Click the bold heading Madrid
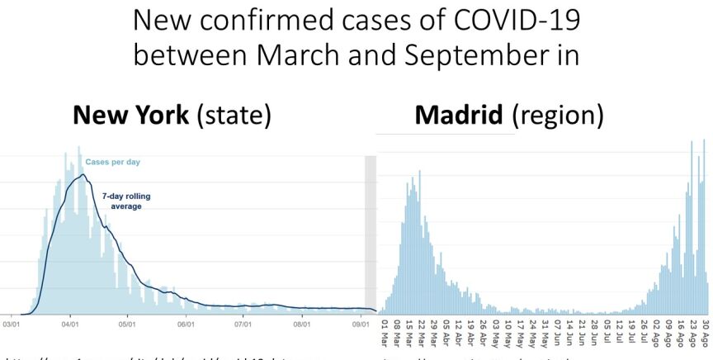(460, 116)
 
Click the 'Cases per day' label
(113, 162)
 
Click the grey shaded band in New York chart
(371, 231)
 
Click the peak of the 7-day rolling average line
(82, 174)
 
